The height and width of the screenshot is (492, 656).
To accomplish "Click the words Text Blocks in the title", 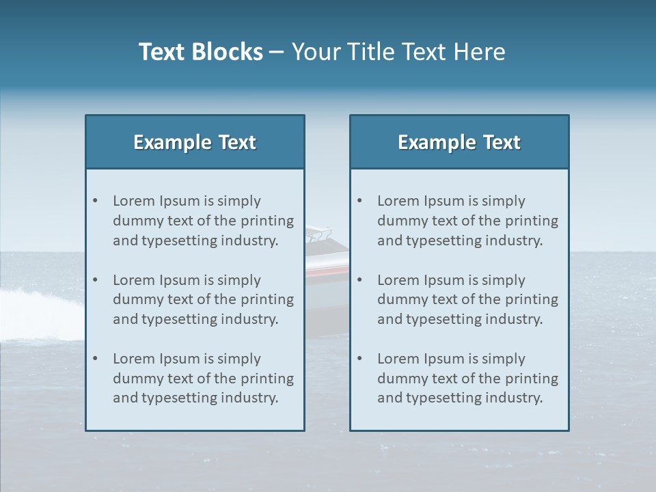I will coord(200,52).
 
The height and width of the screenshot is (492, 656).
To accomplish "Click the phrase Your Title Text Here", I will coord(398,52).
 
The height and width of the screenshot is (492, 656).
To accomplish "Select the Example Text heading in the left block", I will coord(195,142).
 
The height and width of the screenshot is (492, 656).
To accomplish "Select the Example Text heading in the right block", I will coord(459,142).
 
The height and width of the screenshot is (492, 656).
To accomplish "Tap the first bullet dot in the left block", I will coord(95,201).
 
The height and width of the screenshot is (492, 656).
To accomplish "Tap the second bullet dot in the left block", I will coord(95,280).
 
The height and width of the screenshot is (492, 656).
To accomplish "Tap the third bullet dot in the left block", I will coord(95,359).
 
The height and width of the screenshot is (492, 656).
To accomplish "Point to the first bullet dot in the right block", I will coord(359,201).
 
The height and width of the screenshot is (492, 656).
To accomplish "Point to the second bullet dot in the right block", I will coord(359,280).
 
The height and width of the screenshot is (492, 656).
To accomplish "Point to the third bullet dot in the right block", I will coord(359,359).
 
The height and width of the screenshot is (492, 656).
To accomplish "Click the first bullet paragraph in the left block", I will coord(203,221).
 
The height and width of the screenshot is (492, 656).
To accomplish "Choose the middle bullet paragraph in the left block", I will coord(203,299).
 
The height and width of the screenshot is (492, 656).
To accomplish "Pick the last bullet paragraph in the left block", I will coord(203,379).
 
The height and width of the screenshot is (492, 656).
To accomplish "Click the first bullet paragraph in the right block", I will coord(467,221).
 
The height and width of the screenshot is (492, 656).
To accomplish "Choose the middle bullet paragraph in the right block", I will coord(467,299).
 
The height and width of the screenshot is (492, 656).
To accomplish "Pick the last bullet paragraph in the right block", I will coord(467,379).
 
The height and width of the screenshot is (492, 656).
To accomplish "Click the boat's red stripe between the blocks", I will coord(327,271).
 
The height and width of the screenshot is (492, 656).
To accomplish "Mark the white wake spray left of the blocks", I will coord(41,304).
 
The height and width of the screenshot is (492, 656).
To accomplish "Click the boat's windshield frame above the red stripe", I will coord(318,234).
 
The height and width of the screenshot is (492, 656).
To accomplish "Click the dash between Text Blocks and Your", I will coord(277,53).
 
